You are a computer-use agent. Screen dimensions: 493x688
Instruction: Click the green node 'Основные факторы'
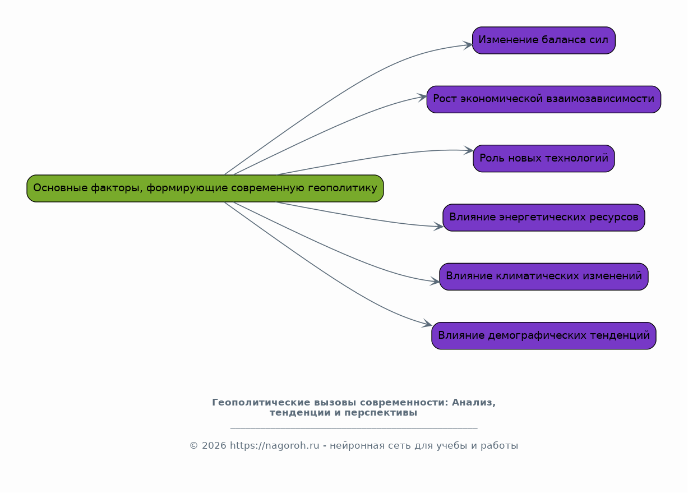pos(205,188)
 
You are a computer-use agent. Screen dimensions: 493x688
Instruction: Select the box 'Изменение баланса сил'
pos(543,40)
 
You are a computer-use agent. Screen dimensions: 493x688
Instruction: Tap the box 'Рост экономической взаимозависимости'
pos(543,99)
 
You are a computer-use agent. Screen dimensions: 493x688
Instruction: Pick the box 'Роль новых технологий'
pos(543,159)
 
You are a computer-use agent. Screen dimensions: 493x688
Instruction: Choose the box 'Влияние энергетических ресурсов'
pos(543,218)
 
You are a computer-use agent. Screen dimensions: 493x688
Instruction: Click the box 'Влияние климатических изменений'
pos(543,277)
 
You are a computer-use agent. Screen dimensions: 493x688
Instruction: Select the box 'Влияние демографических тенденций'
pos(543,336)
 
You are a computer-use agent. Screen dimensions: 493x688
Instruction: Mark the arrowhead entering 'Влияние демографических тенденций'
pos(428,324)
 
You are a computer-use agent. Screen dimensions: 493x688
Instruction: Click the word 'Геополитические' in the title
pos(256,403)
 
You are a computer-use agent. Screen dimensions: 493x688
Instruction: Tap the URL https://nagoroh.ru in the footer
pos(274,446)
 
